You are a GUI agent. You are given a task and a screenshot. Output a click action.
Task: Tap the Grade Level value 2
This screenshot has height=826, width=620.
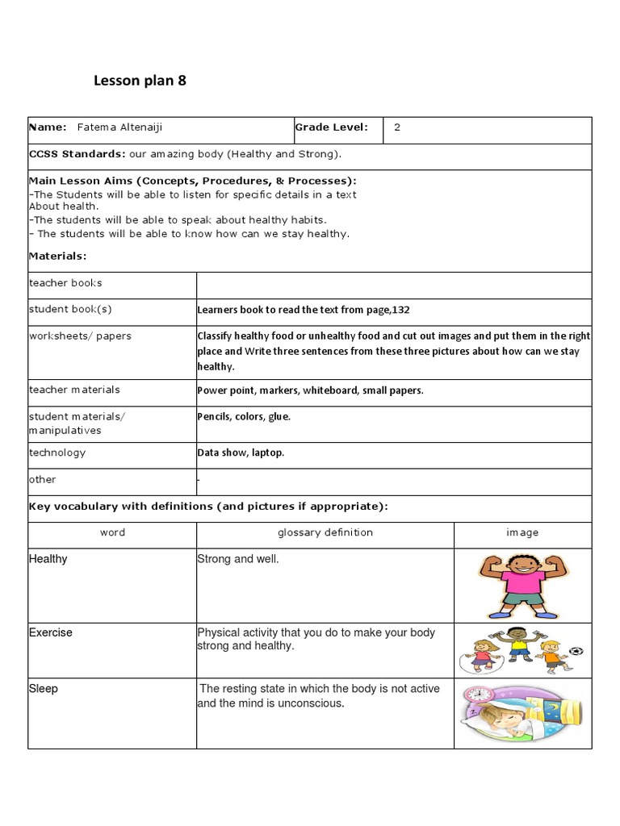[x=397, y=127]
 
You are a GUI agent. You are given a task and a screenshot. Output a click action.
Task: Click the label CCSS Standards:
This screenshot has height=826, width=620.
[x=77, y=153]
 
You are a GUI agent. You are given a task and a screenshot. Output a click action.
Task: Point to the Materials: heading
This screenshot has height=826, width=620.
[x=57, y=256]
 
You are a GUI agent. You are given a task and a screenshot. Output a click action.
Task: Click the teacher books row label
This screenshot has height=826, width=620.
[x=65, y=283]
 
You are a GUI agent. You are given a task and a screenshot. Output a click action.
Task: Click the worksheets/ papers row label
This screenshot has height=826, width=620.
[x=80, y=336]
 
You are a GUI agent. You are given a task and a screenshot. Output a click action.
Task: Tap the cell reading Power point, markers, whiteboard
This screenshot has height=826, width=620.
[x=310, y=390]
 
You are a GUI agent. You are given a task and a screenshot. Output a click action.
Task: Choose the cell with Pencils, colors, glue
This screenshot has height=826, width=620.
[x=244, y=417]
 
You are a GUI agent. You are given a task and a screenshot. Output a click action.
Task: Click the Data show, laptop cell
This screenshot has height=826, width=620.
[x=241, y=453]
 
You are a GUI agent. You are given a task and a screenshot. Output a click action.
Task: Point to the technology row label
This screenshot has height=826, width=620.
[x=57, y=453]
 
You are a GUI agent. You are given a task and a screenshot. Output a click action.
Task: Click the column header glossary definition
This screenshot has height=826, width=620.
[x=325, y=532]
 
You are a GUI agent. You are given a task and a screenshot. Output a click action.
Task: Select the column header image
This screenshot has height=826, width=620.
[x=522, y=532]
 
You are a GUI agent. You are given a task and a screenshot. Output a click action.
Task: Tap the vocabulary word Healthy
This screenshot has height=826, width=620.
[x=48, y=559]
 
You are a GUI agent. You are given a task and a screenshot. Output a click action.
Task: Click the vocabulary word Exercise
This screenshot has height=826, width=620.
[x=51, y=632]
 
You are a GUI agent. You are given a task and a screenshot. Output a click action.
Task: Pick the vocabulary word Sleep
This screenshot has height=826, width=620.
[x=44, y=689]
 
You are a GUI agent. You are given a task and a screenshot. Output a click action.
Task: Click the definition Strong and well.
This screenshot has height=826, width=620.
[x=238, y=559]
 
